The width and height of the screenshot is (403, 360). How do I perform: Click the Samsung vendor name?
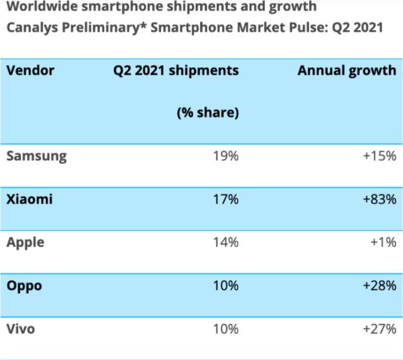coord(36,156)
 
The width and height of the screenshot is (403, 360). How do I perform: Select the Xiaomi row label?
coord(29,199)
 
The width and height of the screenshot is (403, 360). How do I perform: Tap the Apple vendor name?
coord(25,243)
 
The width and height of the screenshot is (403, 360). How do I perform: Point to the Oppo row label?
coord(24,286)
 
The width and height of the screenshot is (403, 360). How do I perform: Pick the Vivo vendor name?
coord(21,329)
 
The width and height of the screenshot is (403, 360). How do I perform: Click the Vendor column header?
coord(30,70)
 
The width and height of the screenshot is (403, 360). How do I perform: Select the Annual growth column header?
coord(347,70)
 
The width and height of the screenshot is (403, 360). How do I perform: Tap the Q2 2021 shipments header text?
coord(176,70)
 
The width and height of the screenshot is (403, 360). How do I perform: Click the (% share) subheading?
coord(208,113)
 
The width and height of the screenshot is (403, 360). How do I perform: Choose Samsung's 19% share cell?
coord(225,156)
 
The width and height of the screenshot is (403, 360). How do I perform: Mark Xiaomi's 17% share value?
coord(225,199)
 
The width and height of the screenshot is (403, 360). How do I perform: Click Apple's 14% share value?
coord(225,243)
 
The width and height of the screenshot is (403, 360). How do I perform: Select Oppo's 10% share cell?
coord(225,286)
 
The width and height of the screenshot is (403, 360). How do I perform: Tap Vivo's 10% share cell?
coord(225,329)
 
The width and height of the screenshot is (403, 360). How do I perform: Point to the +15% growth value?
coord(379,156)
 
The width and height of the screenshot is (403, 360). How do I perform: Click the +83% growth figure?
coord(379,199)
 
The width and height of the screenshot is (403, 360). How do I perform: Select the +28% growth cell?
coord(379,286)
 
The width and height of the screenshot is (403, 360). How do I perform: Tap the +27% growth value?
coord(379,329)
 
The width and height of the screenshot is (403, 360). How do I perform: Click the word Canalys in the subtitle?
coord(31,28)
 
